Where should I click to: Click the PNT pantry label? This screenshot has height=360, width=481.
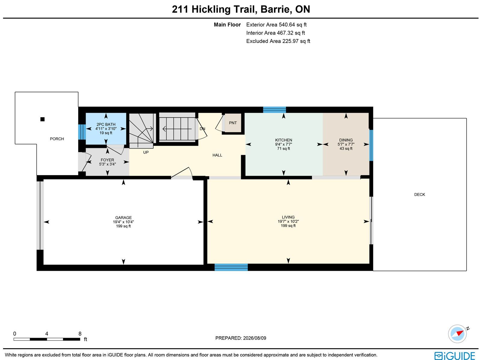click(233, 123)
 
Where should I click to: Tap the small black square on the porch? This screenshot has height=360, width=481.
click(42, 119)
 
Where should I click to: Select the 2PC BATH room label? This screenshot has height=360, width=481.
click(106, 124)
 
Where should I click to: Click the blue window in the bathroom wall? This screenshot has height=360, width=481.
click(82, 132)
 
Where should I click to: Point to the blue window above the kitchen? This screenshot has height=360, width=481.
click(274, 110)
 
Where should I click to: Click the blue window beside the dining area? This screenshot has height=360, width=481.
click(371, 145)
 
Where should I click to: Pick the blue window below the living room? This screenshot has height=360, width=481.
click(231, 267)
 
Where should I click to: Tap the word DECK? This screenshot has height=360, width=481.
click(419, 194)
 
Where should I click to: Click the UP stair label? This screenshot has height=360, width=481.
click(146, 152)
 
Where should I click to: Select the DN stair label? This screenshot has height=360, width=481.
click(202, 129)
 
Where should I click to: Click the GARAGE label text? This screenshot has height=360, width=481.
click(123, 218)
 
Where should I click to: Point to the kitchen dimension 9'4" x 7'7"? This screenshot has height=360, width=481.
click(283, 144)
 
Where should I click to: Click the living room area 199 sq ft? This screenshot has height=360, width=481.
click(288, 226)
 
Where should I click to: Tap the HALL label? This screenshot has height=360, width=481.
click(217, 155)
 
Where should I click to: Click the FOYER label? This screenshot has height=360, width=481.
click(107, 160)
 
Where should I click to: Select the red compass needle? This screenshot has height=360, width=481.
click(460, 333)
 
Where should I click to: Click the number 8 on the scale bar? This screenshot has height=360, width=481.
click(80, 334)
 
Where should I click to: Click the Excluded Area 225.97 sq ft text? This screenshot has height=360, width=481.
click(278, 41)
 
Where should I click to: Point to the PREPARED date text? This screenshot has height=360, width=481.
click(240, 338)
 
